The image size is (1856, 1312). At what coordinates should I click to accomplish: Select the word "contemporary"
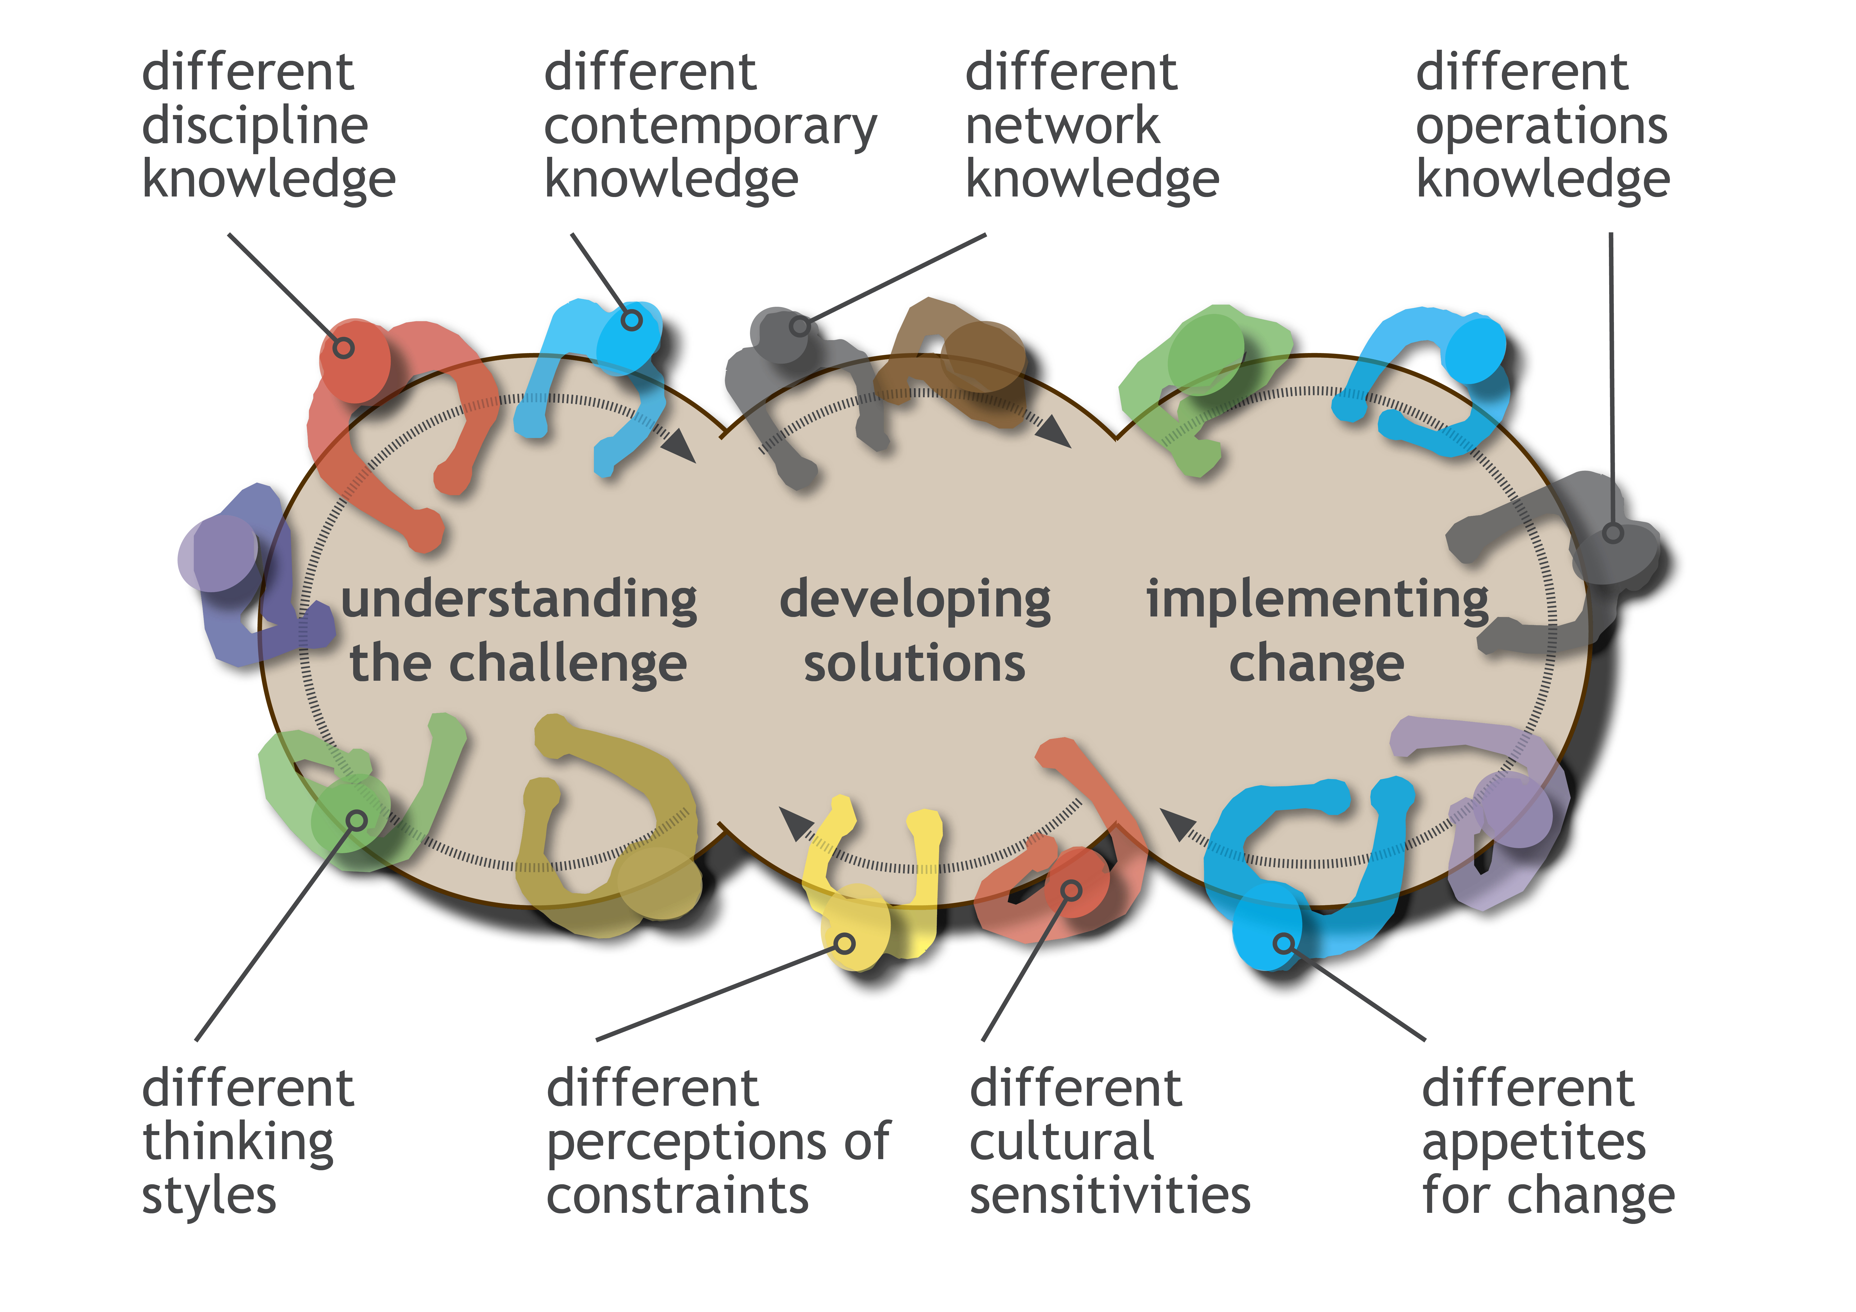(710, 127)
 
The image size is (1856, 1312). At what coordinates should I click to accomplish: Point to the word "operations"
(1541, 127)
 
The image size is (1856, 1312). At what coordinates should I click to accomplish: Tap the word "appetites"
(1534, 1142)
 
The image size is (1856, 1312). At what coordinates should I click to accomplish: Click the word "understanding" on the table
(519, 600)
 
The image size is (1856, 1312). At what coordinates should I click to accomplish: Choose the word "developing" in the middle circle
(915, 600)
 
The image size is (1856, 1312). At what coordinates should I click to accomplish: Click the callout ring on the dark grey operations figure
(1613, 533)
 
